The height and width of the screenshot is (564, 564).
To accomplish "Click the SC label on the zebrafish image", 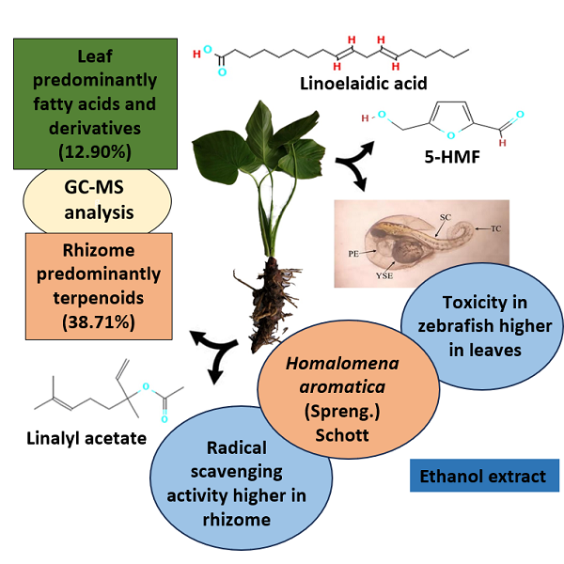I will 446,217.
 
